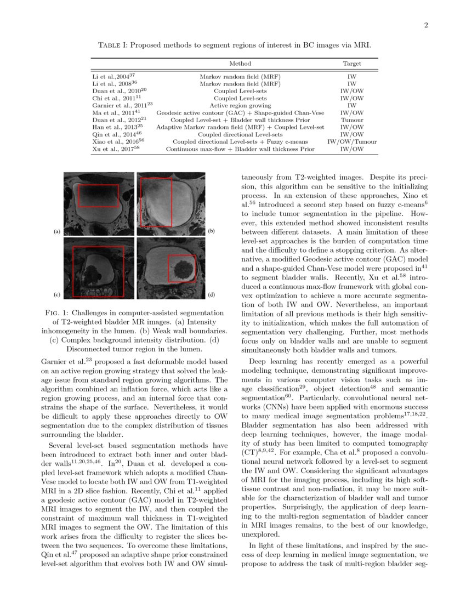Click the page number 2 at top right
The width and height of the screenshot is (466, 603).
[425, 25]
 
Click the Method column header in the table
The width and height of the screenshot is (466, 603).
[240, 64]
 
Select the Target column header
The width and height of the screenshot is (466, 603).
[352, 64]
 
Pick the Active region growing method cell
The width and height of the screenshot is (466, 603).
[240, 105]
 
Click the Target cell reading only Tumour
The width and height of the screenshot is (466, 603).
[352, 120]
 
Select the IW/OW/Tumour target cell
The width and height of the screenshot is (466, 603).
[352, 141]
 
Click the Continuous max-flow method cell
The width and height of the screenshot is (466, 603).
[240, 149]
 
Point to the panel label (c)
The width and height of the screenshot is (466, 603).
[57, 295]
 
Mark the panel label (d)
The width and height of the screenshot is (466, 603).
[212, 295]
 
